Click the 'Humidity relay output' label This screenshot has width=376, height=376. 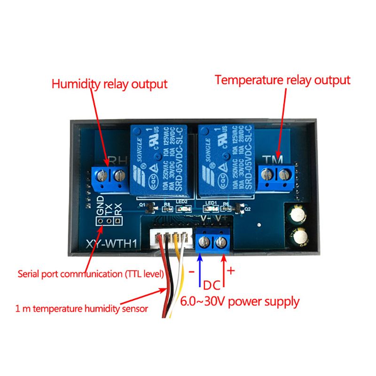tap(109, 85)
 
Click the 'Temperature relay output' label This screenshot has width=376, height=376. tap(282, 80)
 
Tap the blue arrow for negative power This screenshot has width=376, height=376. tap(199, 270)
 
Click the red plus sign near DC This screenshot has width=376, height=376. tap(230, 271)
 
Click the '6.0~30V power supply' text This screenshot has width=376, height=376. tap(240, 301)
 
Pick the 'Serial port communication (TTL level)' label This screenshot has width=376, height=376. tap(90, 273)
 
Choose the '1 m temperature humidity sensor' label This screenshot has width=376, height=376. tap(81, 309)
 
